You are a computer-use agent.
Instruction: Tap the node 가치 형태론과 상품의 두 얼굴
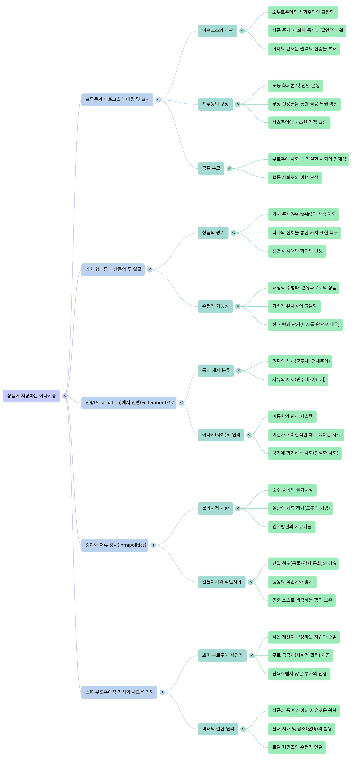tap(113, 269)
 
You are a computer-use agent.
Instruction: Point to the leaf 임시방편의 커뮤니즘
tap(292, 527)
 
